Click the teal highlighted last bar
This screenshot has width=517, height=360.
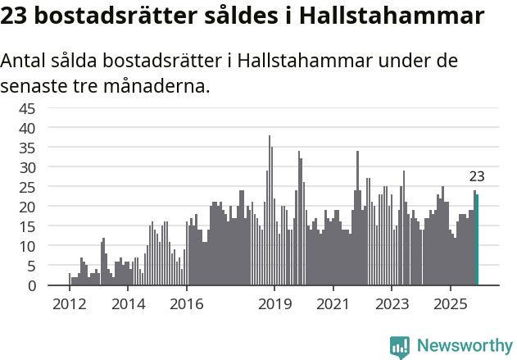coord(477,240)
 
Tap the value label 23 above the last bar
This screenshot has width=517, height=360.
coord(477,176)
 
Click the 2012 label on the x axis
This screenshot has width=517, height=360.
coord(69,304)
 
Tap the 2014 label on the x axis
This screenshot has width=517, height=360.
coord(128,304)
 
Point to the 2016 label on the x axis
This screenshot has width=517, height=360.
coord(187,304)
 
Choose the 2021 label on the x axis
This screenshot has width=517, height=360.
coord(333,304)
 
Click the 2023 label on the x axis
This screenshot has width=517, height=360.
coord(392,304)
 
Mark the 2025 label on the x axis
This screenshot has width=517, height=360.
coord(451,304)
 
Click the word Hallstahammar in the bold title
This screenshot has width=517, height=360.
coord(390,16)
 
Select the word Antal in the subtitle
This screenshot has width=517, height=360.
coord(25,62)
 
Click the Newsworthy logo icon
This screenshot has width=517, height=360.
coord(400,346)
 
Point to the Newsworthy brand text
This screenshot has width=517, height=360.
coord(464,346)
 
